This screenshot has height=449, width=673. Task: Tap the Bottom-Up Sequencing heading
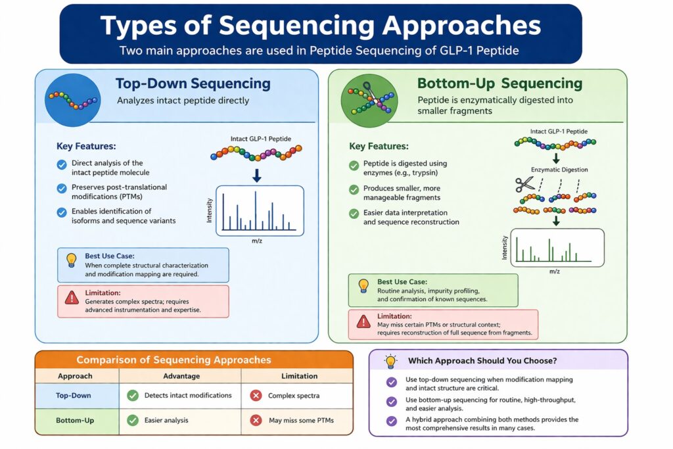[x=499, y=83]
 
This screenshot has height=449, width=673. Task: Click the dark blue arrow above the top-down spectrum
[x=256, y=175]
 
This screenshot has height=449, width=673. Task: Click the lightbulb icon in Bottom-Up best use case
[x=362, y=286]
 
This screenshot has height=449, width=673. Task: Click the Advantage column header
[x=180, y=376]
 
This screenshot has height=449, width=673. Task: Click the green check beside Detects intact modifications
[x=132, y=396]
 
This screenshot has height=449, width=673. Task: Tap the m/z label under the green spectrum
[x=554, y=271]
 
